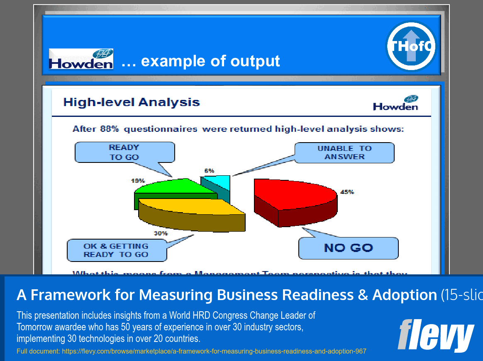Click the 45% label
tap(347, 192)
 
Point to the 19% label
tap(138, 181)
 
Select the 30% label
tap(161, 233)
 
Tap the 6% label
tap(209, 171)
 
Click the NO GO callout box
tap(348, 248)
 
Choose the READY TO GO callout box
tap(124, 152)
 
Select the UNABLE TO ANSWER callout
tap(344, 153)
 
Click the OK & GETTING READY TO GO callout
tap(116, 250)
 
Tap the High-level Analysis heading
tap(131, 102)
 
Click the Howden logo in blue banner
tap(81, 59)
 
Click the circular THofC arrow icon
tap(411, 46)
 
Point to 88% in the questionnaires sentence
tap(110, 129)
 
